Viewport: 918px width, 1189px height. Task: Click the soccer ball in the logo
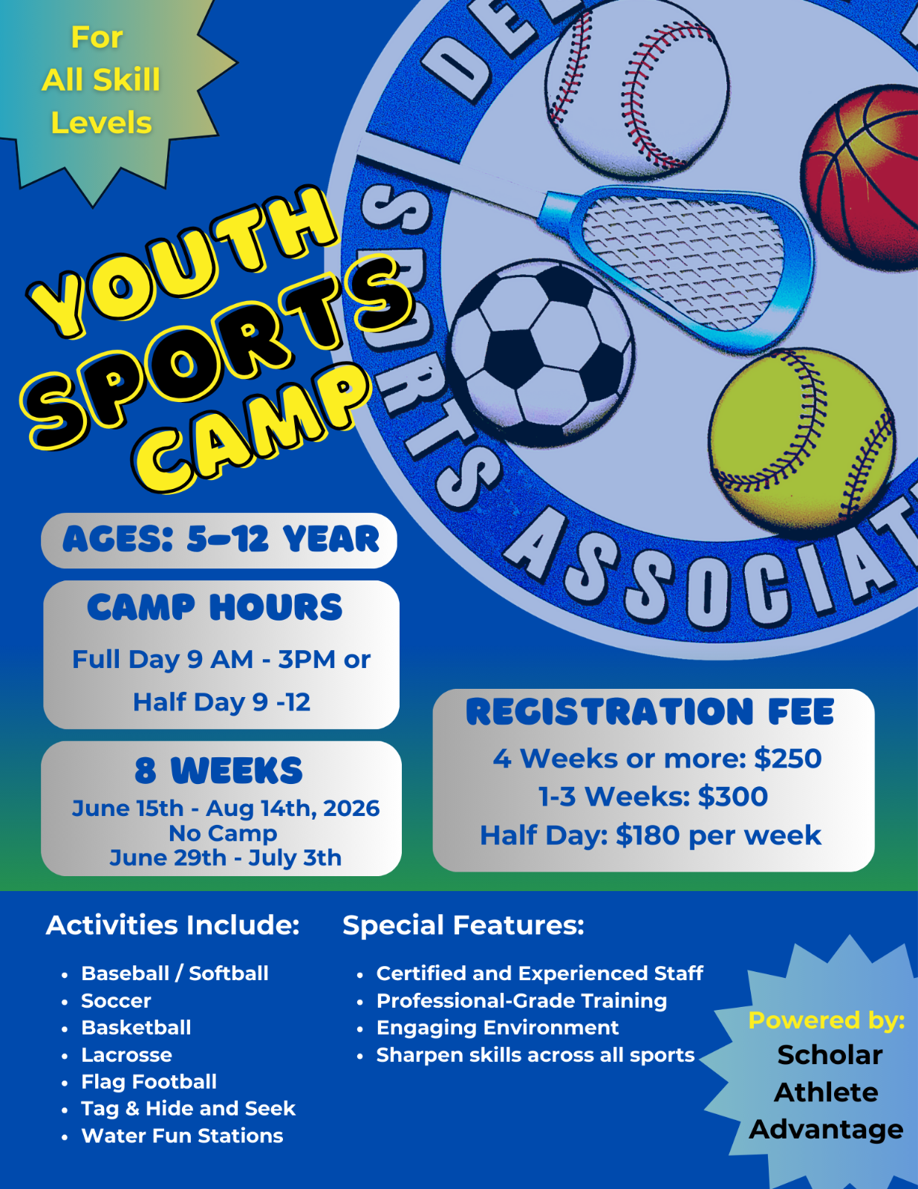click(541, 353)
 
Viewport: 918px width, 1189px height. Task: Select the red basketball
click(861, 178)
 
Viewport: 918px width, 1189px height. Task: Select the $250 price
click(787, 759)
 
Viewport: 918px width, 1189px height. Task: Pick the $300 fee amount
click(732, 797)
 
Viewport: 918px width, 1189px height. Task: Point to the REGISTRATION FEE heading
click(650, 712)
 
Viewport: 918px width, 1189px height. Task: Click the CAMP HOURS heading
click(215, 607)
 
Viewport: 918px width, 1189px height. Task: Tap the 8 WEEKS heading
click(218, 771)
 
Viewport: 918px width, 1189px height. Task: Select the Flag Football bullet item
click(149, 1082)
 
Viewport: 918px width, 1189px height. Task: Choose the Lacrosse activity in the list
click(126, 1055)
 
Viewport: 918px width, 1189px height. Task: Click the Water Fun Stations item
click(182, 1136)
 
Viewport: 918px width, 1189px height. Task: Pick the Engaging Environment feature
click(498, 1028)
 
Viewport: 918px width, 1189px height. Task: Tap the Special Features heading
click(463, 926)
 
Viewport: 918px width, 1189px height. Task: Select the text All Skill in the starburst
click(101, 80)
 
